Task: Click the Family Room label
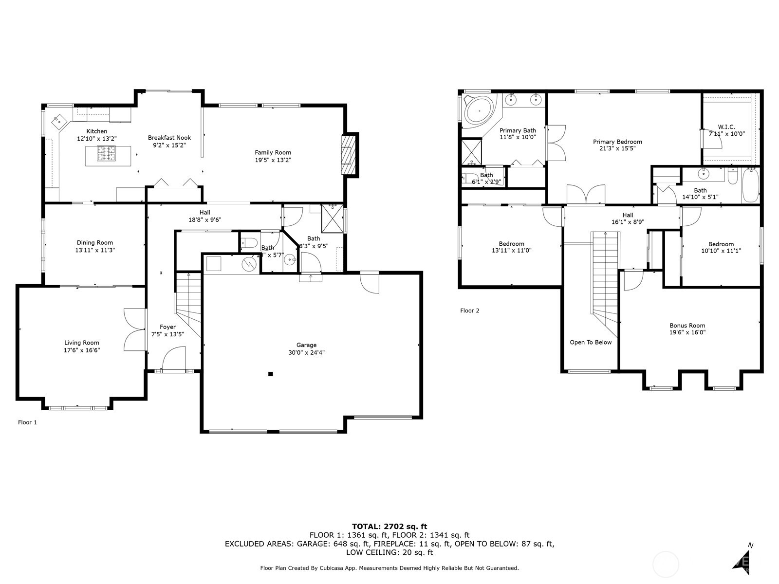273,152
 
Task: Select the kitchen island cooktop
108,154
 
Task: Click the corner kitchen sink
59,119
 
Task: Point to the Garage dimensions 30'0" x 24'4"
306,352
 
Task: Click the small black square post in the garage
271,374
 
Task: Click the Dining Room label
94,242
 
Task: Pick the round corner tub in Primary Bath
479,111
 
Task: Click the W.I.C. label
726,127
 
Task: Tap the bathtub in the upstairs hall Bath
750,185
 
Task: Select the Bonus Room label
687,326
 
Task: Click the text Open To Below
591,342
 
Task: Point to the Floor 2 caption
469,310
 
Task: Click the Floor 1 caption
27,422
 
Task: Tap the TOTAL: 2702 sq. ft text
389,526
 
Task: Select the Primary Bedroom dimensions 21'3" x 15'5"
617,148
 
